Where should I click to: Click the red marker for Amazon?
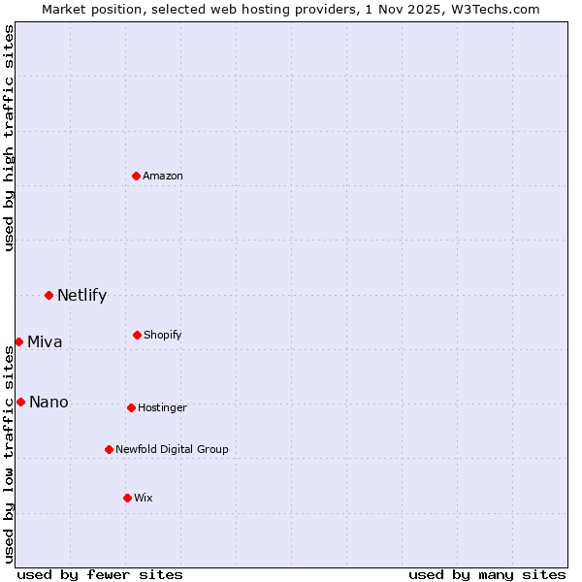coord(137,176)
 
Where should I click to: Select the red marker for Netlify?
coord(48,295)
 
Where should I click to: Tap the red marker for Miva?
coord(18,341)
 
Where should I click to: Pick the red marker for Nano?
coord(20,402)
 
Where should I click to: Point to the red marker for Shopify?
coord(137,335)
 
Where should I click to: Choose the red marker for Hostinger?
coord(131,407)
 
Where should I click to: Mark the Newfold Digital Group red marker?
coord(109,449)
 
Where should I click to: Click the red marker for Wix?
coord(127,498)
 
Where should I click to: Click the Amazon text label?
coord(163,176)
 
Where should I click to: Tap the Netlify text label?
coord(81,295)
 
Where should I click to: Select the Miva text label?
coord(45,341)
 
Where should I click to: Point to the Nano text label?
coord(48,402)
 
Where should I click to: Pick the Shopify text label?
coord(163,335)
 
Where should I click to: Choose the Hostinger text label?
coord(162,407)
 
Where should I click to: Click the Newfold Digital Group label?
coord(172,449)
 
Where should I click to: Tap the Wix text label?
coord(144,498)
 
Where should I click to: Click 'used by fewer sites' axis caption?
coord(100,574)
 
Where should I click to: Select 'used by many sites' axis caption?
coord(487,574)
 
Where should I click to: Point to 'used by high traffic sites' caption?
coord(9,138)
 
